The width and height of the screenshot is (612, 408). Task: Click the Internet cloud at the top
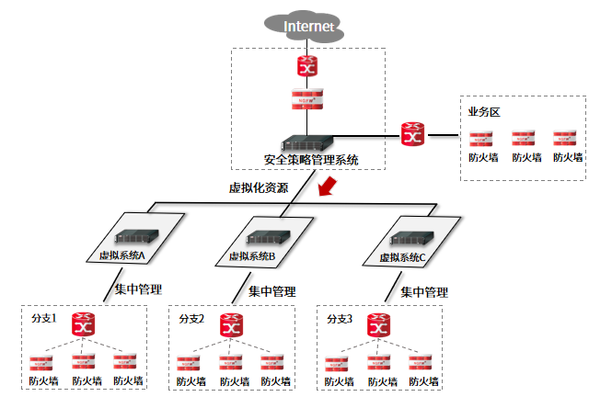(x=307, y=27)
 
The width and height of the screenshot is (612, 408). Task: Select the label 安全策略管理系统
(x=309, y=160)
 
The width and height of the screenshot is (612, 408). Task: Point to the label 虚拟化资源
(x=259, y=188)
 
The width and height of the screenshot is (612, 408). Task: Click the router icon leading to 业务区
(x=412, y=135)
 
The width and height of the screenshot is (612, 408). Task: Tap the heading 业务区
(x=484, y=112)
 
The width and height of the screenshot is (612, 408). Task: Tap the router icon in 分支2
(x=232, y=324)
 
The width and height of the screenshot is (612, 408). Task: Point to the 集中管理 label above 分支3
(x=424, y=292)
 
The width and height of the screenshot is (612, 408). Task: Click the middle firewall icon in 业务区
(x=525, y=140)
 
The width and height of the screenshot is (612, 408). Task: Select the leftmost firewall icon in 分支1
(x=41, y=363)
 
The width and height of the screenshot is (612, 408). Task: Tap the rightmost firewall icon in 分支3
(x=422, y=363)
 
